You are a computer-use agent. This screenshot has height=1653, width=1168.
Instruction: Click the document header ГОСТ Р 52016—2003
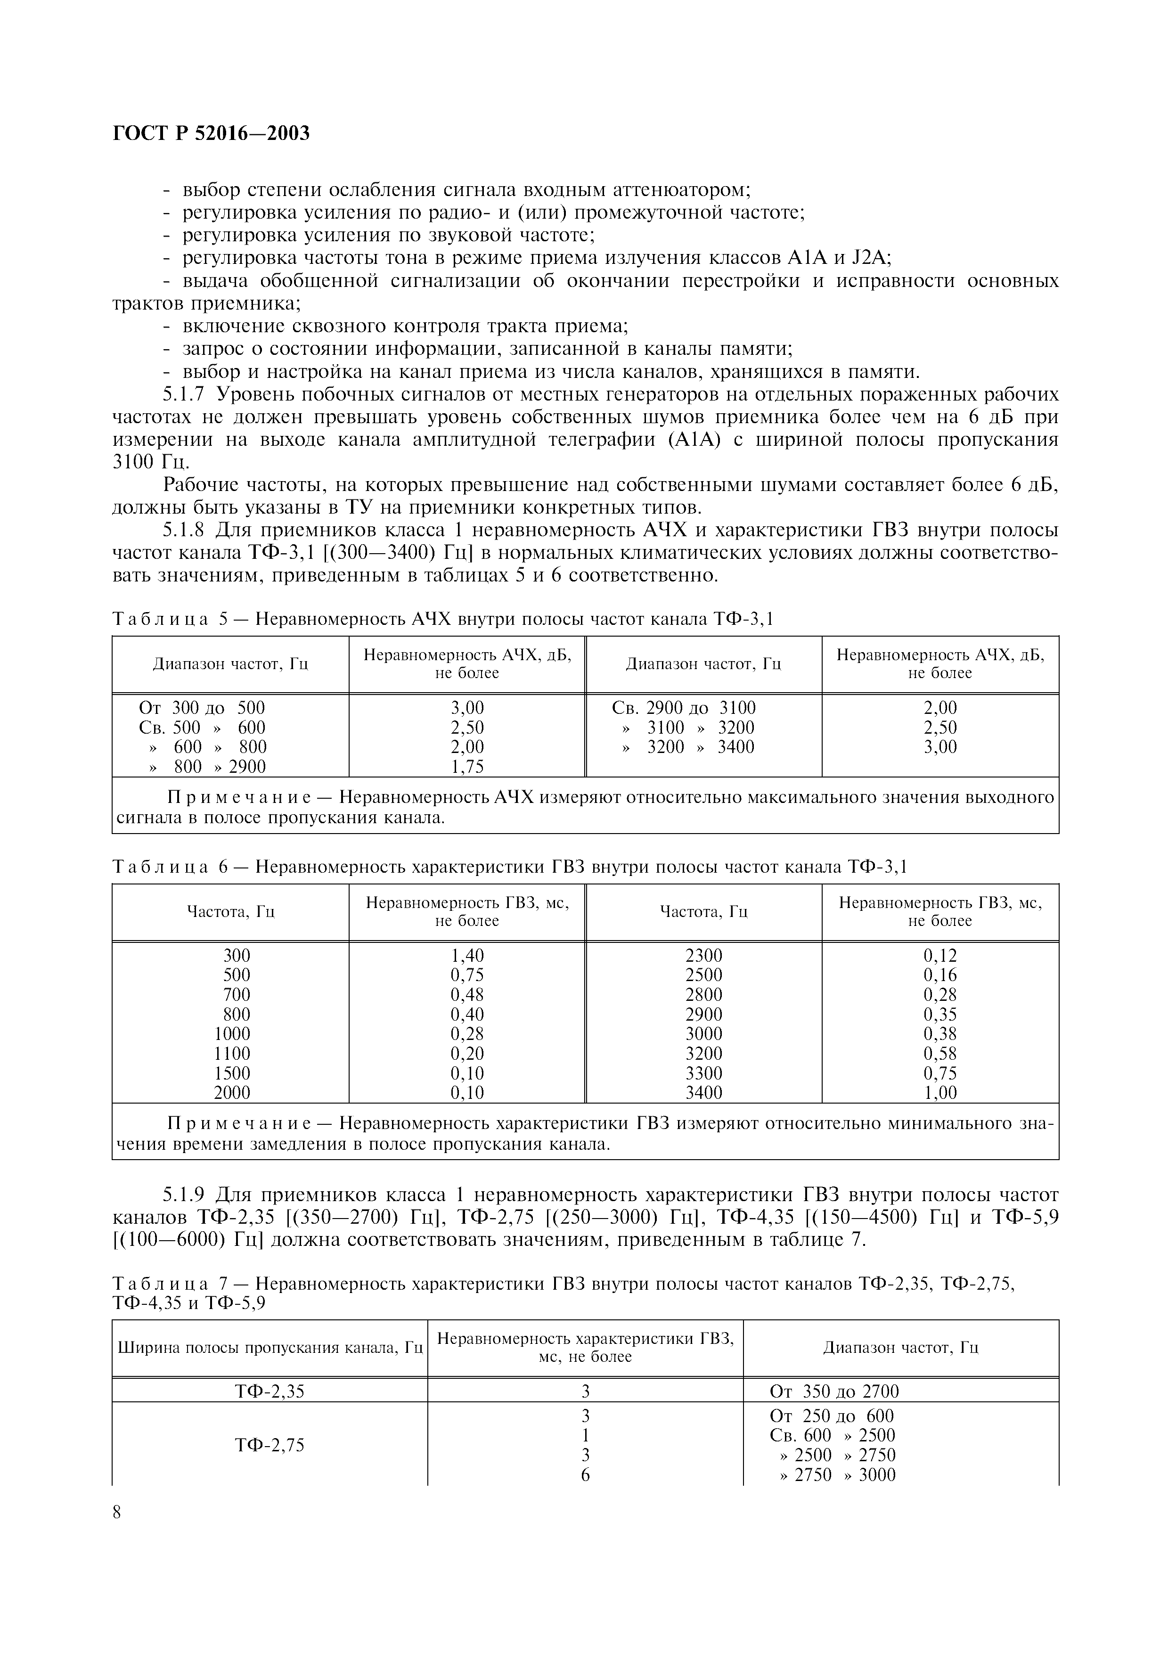(211, 133)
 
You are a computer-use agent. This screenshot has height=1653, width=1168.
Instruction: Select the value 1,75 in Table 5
(467, 767)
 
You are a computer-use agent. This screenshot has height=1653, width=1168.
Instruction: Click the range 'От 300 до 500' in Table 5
(202, 708)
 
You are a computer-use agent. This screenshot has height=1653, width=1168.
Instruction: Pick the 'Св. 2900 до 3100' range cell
(684, 708)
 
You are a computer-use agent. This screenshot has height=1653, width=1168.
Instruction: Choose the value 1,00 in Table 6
(940, 1093)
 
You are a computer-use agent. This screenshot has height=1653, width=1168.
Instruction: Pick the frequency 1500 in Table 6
(232, 1073)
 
